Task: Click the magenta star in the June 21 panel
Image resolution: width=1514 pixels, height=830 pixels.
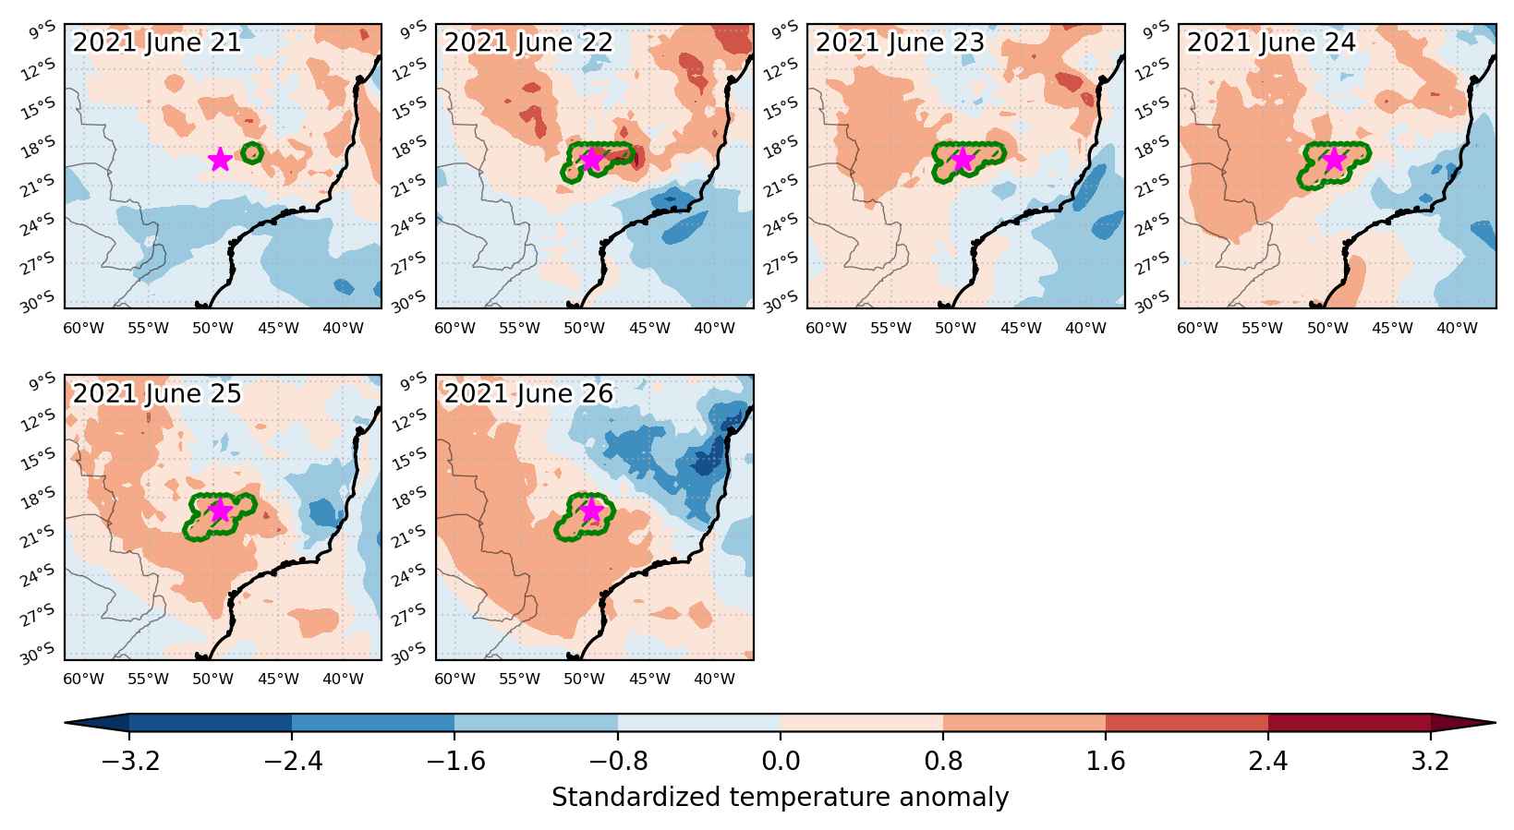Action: pos(221,160)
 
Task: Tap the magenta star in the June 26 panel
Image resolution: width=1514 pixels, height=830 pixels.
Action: pos(591,511)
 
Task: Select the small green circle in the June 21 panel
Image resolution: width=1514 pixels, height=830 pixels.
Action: pos(252,153)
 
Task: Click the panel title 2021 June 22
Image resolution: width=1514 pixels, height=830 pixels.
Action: pos(527,42)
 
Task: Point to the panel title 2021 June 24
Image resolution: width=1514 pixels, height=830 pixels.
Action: pos(1271,42)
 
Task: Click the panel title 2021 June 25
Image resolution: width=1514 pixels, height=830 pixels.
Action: pos(157,393)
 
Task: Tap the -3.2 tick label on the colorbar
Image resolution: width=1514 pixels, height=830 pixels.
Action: pos(130,761)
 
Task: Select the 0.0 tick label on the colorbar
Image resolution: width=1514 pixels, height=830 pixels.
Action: pos(781,761)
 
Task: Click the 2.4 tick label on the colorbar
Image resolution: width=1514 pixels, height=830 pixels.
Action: pos(1268,761)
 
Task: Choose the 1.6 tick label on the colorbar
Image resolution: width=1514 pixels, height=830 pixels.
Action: pos(1106,761)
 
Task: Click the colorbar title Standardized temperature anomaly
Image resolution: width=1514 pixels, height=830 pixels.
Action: pos(780,798)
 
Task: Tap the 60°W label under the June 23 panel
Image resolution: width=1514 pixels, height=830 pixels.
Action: pos(826,329)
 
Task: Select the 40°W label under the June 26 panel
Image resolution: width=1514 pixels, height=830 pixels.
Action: pos(714,679)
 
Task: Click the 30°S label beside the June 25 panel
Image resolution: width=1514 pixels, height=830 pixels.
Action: pos(38,654)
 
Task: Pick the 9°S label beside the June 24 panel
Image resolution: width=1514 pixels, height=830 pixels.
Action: pos(1156,30)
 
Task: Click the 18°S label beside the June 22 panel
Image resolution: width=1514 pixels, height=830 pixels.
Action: pos(409,147)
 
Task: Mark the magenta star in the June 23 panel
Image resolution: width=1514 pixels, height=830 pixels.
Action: pos(963,160)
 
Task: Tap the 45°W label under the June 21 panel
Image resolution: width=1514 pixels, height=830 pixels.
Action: pos(278,329)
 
